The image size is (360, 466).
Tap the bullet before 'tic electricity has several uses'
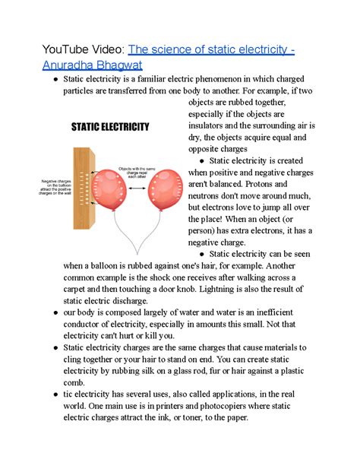tap(49, 393)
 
